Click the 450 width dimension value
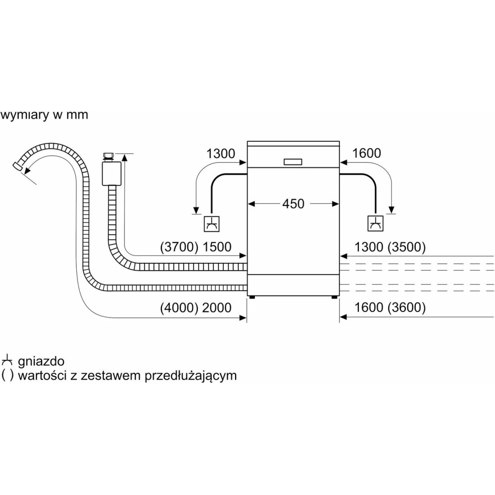coord(293,203)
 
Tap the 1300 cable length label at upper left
coord(221,153)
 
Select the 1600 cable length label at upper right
coord(366,153)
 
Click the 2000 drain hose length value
coord(216,308)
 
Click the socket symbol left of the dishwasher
coord(211,224)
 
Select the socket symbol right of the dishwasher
coord(375,224)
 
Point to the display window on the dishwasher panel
coord(293,161)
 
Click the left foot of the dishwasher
coord(252,298)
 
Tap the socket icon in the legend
coord(7,360)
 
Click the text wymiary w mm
coord(44,115)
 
